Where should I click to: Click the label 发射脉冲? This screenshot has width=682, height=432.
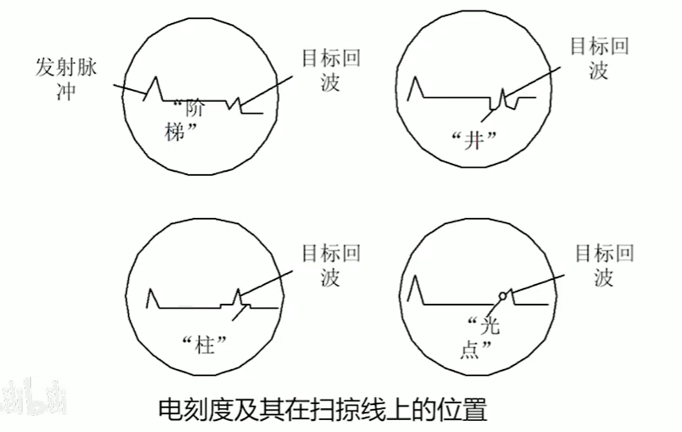66,78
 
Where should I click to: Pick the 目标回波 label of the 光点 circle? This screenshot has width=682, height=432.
604,266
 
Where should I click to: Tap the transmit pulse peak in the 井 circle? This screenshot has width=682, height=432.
413,78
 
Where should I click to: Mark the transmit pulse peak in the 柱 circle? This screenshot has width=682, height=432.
153,290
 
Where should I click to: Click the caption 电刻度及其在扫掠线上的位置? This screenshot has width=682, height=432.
322,410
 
